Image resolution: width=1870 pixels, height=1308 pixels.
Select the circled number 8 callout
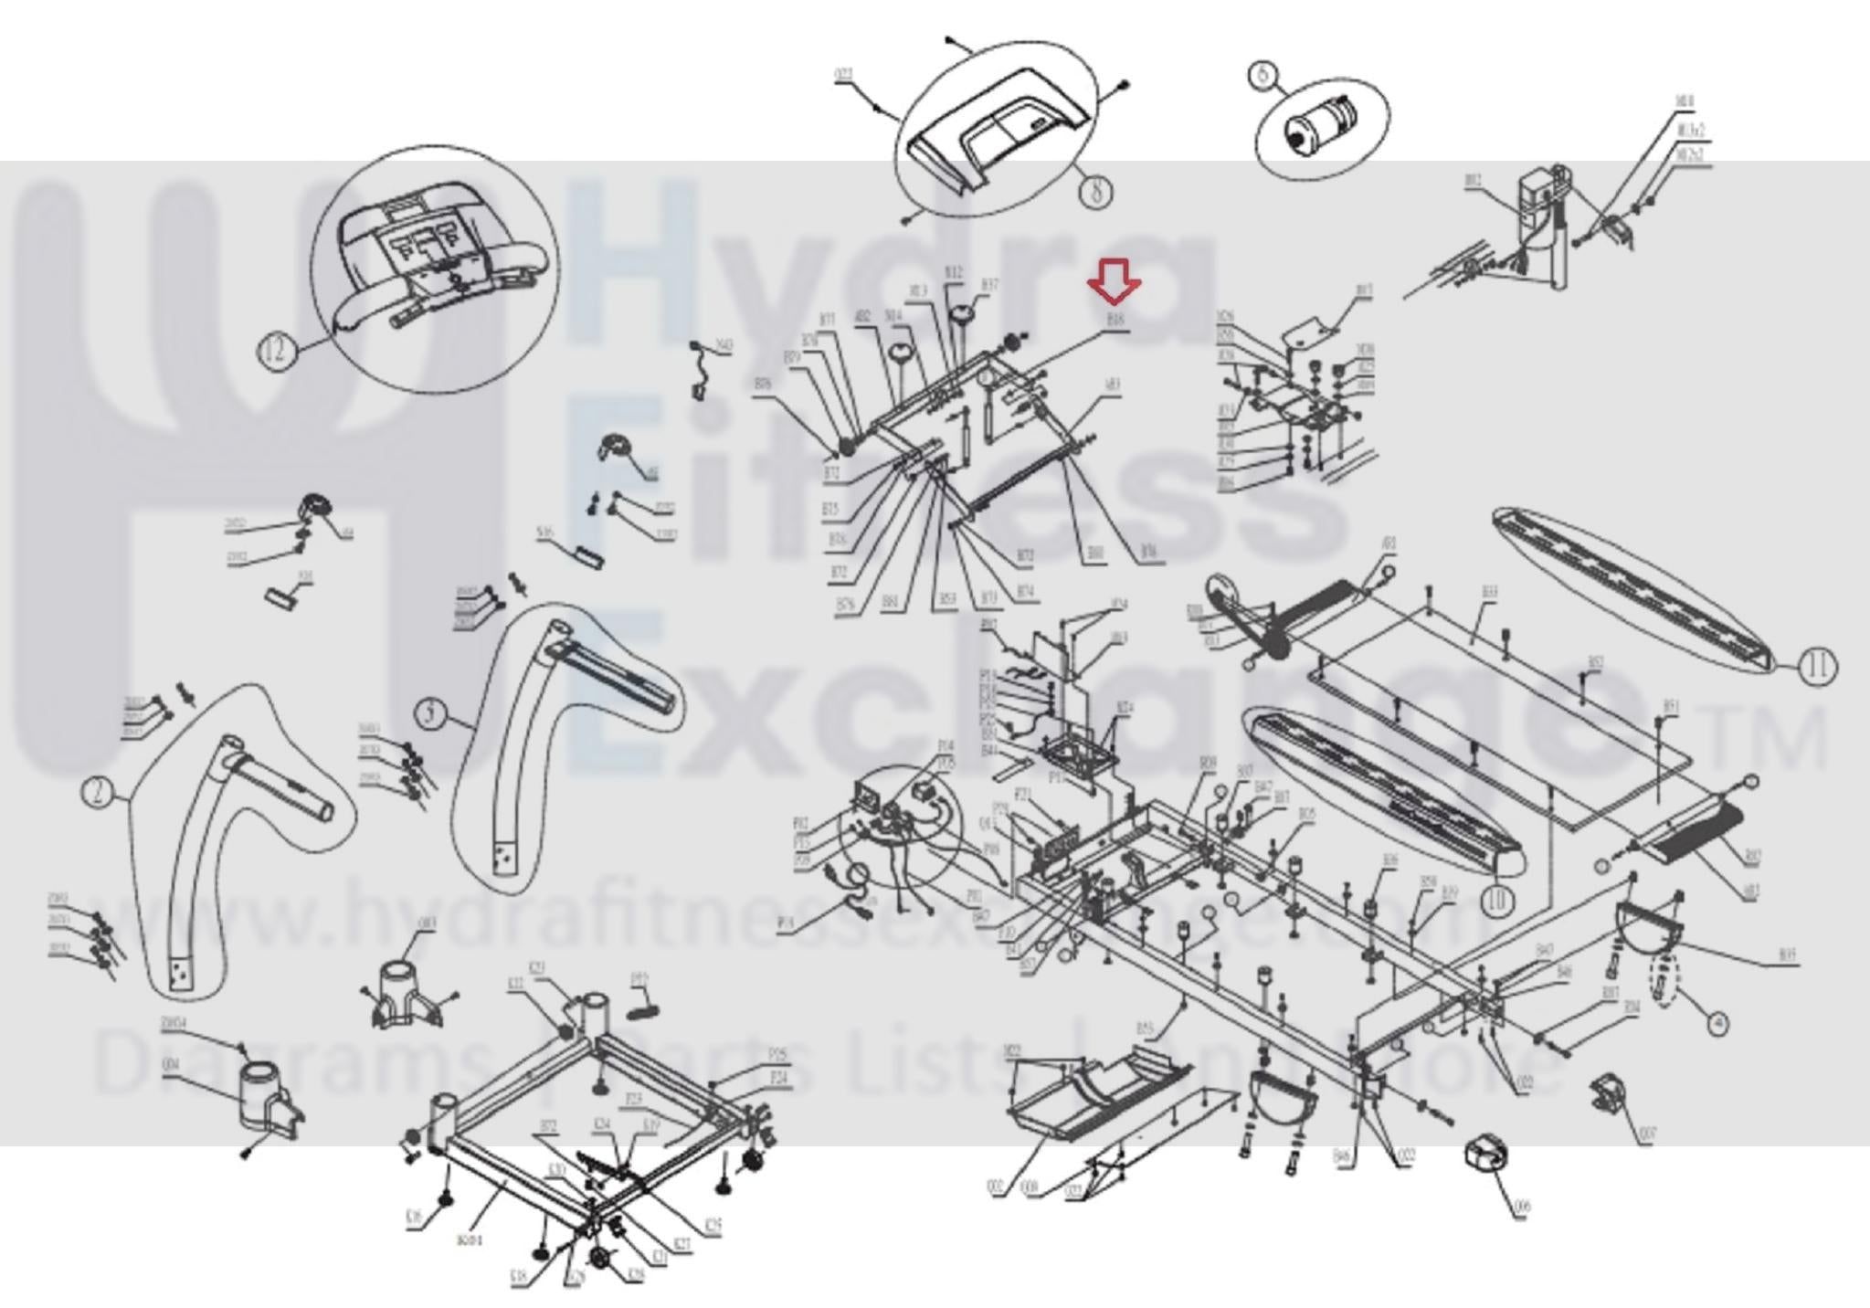click(x=1097, y=190)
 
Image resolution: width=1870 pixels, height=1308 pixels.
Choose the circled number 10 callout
click(x=1496, y=901)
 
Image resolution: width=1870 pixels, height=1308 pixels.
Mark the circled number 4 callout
click(x=1718, y=1025)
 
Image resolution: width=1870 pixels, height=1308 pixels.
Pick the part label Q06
click(x=1521, y=1208)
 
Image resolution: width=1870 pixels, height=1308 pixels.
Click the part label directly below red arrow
click(x=1115, y=322)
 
